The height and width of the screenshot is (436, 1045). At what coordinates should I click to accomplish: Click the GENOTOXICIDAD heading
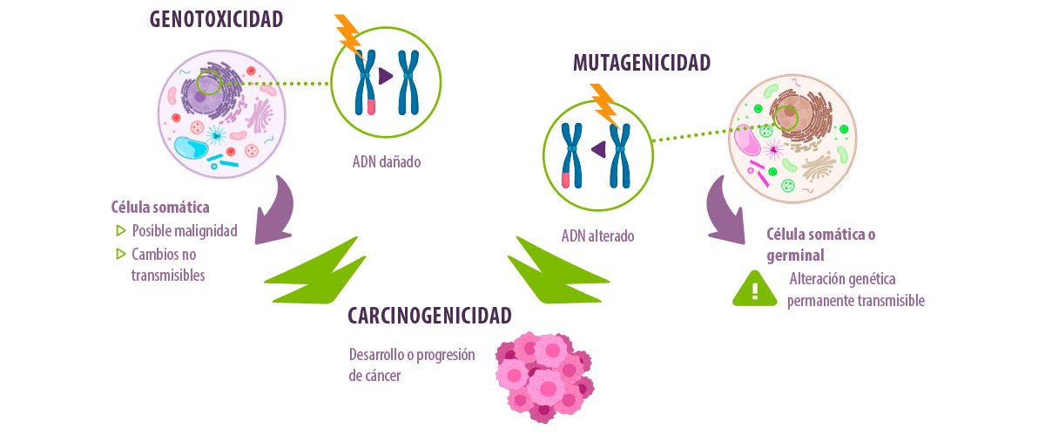216,19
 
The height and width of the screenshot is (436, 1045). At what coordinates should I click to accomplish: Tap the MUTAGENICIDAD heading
642,63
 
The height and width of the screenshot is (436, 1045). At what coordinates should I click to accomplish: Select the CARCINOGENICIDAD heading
429,316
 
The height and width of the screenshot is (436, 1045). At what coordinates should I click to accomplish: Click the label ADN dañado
387,161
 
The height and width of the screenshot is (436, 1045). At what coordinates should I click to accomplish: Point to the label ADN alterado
597,236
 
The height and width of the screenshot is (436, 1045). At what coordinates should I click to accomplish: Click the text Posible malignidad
185,231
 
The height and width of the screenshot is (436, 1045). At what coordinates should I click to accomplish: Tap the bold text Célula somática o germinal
820,245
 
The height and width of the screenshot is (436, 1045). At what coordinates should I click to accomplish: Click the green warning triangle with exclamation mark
755,289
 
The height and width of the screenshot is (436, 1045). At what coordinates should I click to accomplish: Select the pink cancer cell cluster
544,378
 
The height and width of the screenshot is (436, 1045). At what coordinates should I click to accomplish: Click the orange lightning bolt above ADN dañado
348,36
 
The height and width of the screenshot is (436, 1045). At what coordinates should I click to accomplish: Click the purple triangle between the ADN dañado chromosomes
385,76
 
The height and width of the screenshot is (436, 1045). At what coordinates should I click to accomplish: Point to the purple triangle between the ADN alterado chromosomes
599,149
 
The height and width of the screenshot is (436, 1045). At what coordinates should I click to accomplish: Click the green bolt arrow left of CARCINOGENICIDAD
316,272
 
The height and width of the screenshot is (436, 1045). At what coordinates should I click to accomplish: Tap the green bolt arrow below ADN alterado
558,272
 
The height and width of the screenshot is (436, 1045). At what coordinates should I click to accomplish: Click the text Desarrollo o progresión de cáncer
412,365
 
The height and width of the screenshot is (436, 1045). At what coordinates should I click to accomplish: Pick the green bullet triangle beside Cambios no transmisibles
121,254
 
